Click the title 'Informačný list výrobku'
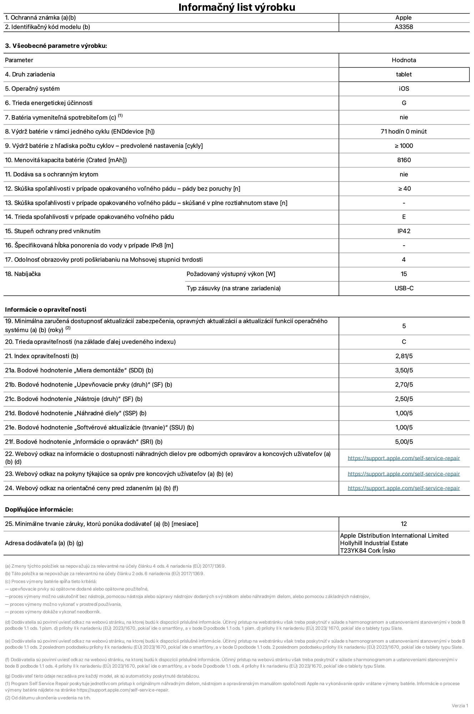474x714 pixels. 237,7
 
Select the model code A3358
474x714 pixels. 404,27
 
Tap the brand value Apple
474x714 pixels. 403,17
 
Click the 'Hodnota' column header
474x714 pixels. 404,60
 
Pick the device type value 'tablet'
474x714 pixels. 404,74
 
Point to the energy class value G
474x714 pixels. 404,103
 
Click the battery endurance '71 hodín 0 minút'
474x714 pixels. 404,131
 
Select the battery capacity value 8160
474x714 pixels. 404,160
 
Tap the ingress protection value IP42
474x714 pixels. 404,231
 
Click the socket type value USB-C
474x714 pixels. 404,288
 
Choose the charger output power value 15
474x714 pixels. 404,274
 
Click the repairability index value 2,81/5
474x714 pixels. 404,356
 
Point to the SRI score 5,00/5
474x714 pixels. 404,442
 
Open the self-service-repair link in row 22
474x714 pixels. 404,458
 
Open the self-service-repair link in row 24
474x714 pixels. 404,488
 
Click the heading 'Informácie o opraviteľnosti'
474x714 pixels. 46,310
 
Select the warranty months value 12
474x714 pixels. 404,524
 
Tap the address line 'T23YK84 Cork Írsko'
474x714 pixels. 368,550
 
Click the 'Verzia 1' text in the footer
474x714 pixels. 460,705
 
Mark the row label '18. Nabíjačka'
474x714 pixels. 23,274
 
